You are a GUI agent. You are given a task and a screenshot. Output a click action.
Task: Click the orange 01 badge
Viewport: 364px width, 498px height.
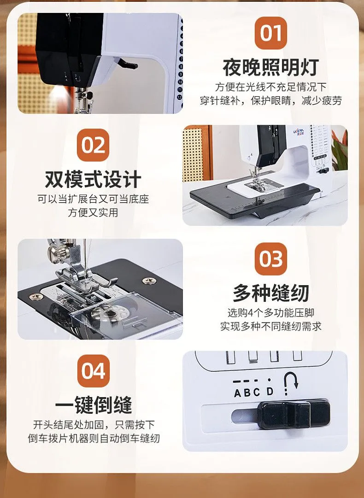pos(270,33)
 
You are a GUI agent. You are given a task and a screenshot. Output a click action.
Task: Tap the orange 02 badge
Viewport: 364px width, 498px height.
pos(93,145)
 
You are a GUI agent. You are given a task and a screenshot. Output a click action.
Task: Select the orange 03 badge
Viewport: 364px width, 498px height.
pos(270,258)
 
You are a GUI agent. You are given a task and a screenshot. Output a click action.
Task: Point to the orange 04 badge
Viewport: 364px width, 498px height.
pos(93,371)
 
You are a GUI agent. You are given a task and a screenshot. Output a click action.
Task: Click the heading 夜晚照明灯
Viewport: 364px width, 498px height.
pos(270,67)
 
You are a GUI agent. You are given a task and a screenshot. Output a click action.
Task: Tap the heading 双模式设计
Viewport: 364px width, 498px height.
pos(93,180)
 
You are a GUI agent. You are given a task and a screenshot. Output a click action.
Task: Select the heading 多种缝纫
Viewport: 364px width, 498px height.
pos(270,293)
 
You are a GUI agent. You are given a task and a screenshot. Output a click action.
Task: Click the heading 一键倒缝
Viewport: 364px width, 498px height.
pos(93,405)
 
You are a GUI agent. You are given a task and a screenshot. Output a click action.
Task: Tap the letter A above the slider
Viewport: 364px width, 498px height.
pos(238,393)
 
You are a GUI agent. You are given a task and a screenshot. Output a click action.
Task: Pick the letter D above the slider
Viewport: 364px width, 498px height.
pos(270,391)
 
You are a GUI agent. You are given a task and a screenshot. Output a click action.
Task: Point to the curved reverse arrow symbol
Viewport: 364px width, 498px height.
pos(290,382)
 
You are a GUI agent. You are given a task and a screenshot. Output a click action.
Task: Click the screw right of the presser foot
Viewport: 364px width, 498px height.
pos(149,281)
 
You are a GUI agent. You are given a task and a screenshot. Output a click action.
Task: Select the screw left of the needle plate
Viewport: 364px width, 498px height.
pos(36,297)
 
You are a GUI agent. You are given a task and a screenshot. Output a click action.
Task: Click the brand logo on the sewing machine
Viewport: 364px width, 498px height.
pos(298,131)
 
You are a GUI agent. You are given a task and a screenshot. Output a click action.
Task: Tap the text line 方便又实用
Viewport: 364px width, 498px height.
pos(93,212)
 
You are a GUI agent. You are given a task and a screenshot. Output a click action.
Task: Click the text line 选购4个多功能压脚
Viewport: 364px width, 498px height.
pos(270,313)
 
